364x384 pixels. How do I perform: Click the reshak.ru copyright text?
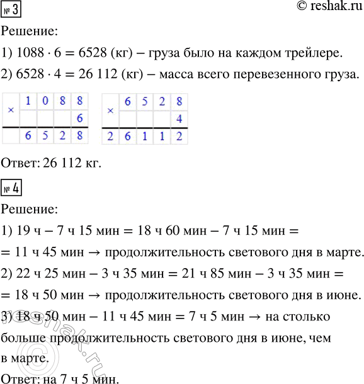327,8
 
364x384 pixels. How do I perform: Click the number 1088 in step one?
32,52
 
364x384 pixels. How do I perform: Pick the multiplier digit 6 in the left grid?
80,118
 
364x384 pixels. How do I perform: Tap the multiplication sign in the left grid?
11,110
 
